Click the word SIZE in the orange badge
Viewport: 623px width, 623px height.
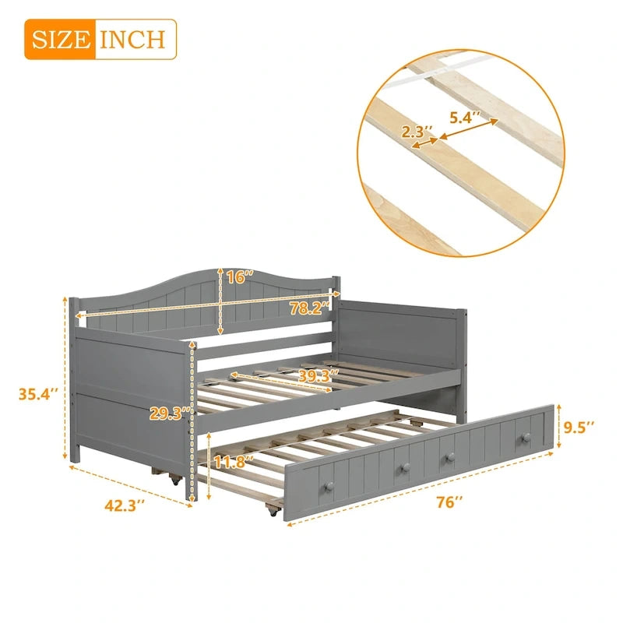click(62, 38)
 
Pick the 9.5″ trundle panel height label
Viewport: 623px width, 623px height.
click(579, 427)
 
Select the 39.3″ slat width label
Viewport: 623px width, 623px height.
click(315, 375)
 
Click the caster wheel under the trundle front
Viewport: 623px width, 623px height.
click(272, 511)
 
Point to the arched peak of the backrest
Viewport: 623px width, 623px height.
click(210, 273)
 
